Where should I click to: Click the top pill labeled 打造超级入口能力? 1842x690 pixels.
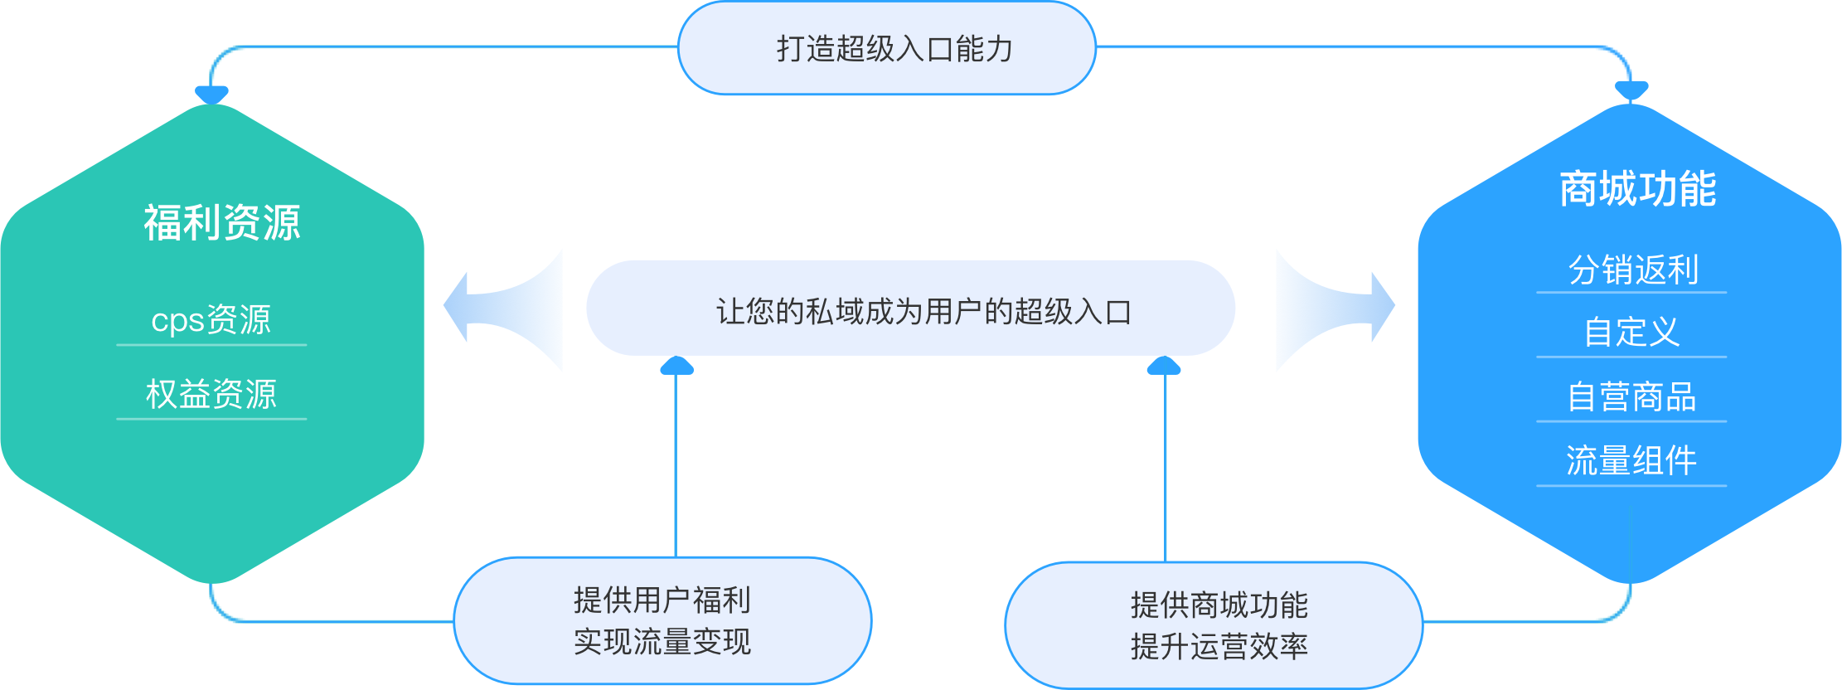pyautogui.click(x=887, y=48)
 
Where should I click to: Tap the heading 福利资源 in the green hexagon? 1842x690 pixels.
pyautogui.click(x=221, y=222)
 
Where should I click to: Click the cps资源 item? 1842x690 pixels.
pyautogui.click(x=211, y=320)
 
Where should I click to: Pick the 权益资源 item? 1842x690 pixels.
pyautogui.click(x=211, y=394)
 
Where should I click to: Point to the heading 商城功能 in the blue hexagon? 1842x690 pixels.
pyautogui.click(x=1637, y=189)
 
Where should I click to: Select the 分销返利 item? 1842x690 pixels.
pyautogui.click(x=1632, y=270)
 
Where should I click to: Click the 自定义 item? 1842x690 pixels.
pyautogui.click(x=1631, y=333)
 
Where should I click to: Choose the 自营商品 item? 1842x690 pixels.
pyautogui.click(x=1631, y=396)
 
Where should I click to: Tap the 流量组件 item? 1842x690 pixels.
pyautogui.click(x=1631, y=460)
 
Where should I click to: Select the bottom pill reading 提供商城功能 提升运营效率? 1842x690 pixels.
pyautogui.click(x=1214, y=624)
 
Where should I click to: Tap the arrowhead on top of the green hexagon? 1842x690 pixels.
pyautogui.click(x=211, y=94)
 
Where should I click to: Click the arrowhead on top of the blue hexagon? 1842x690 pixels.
pyautogui.click(x=1631, y=90)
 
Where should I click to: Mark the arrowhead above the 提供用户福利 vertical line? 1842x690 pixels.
pyautogui.click(x=676, y=366)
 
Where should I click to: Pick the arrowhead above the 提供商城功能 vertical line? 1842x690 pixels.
pyautogui.click(x=1164, y=366)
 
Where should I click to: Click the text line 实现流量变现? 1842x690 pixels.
pyautogui.click(x=662, y=642)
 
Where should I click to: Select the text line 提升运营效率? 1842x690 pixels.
pyautogui.click(x=1219, y=647)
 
